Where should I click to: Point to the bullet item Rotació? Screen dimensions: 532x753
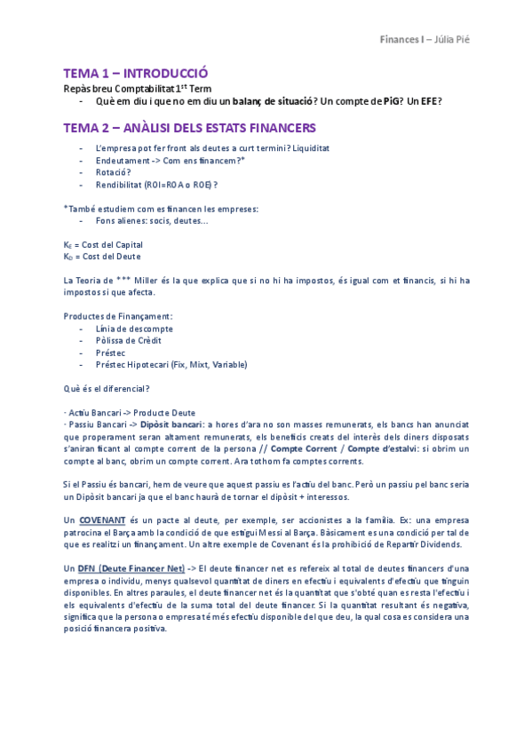(114, 172)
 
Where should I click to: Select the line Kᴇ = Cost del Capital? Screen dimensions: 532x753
(103, 244)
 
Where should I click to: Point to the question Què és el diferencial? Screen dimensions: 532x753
(107, 388)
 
